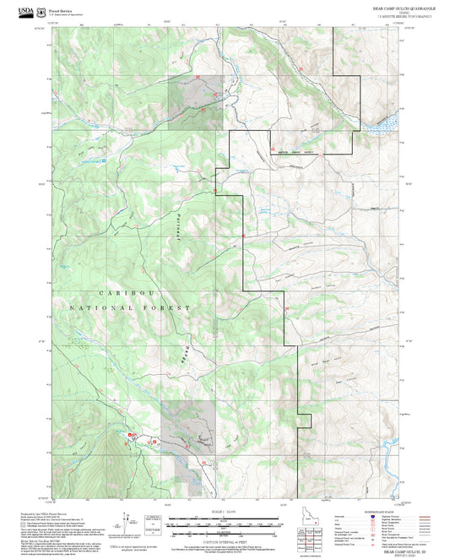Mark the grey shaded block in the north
196,102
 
